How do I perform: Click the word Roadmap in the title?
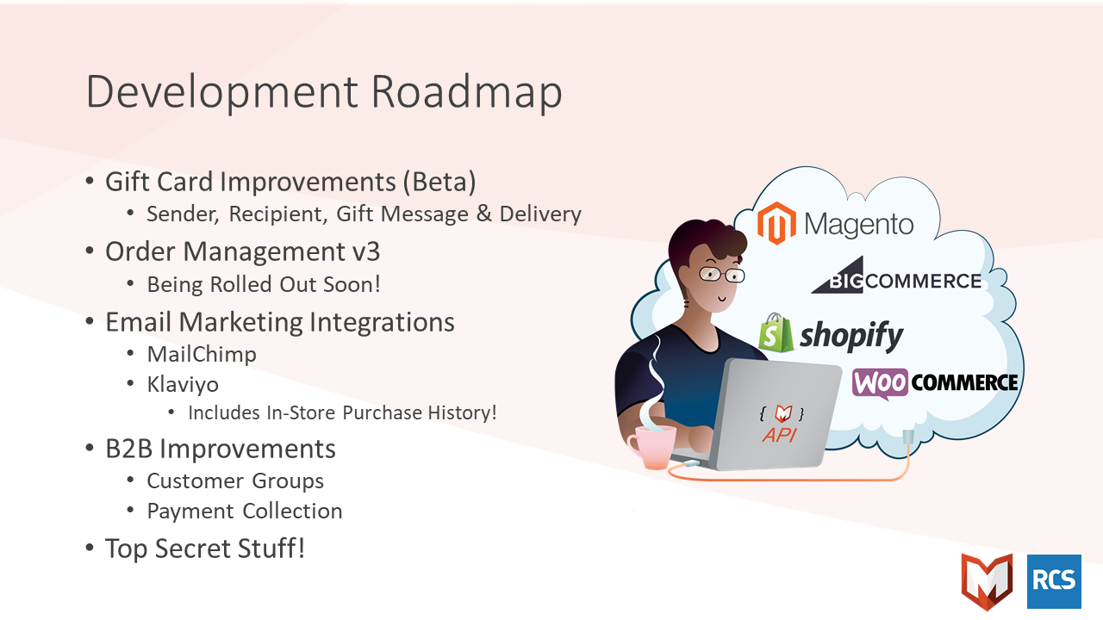466,91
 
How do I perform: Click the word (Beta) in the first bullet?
439,182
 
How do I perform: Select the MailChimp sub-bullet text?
202,354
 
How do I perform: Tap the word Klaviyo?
183,384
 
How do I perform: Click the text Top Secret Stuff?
205,549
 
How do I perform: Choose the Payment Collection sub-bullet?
245,511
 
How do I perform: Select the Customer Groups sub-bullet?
235,480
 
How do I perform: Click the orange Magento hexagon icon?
776,223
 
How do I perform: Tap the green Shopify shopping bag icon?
776,332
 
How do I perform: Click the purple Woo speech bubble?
880,383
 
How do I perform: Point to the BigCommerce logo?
896,276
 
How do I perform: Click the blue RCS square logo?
1054,581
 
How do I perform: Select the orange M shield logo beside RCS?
988,581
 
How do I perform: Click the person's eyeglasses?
722,274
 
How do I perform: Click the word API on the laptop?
779,435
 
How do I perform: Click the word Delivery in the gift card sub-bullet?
540,214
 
